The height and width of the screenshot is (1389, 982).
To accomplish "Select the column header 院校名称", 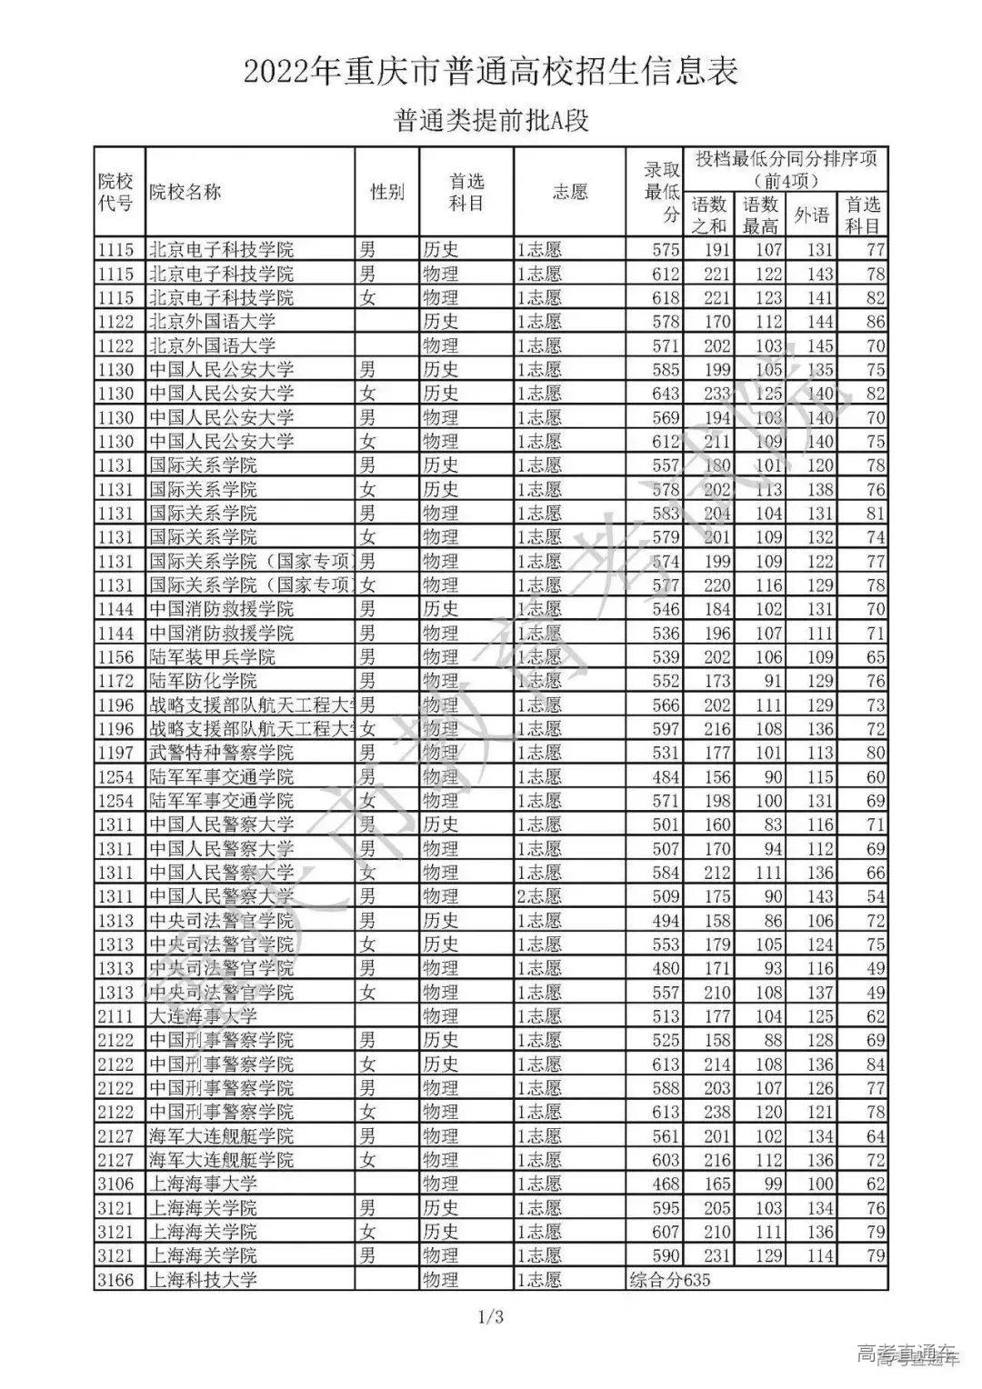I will click(185, 192).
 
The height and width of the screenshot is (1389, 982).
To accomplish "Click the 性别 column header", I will click(387, 192).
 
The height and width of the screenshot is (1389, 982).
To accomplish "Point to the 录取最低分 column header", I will click(662, 192).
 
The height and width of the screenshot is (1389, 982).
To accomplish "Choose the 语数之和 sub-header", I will click(710, 215).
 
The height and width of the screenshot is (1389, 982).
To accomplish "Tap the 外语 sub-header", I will click(812, 215).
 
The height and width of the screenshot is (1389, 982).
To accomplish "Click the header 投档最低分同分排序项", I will click(786, 169).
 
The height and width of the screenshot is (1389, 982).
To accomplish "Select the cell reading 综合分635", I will click(669, 1280).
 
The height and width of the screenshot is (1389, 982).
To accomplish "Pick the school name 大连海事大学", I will click(203, 1016).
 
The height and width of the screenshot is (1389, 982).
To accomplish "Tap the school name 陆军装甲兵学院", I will click(212, 656).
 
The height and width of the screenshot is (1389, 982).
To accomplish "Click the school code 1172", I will click(115, 681).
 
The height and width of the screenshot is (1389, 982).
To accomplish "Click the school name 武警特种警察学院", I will click(221, 753).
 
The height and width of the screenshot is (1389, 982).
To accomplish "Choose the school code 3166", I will click(115, 1280).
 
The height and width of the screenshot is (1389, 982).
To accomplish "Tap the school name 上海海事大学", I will click(203, 1184).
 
